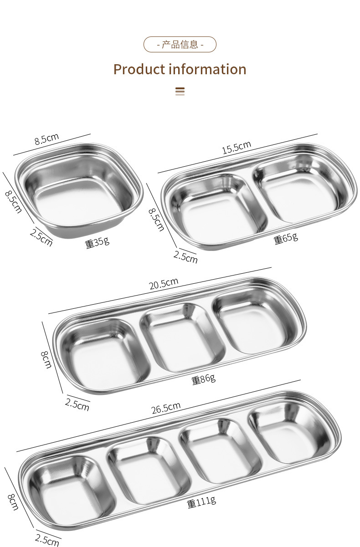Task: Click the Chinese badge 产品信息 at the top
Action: tap(180, 45)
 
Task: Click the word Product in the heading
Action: tap(139, 70)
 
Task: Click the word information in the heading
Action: tap(208, 69)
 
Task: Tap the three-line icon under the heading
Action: tap(180, 92)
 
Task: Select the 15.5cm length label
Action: tap(237, 147)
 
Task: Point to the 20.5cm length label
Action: tap(164, 283)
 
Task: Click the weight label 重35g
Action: tap(97, 242)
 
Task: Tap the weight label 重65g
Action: tap(286, 239)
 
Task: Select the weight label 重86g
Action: tap(204, 379)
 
